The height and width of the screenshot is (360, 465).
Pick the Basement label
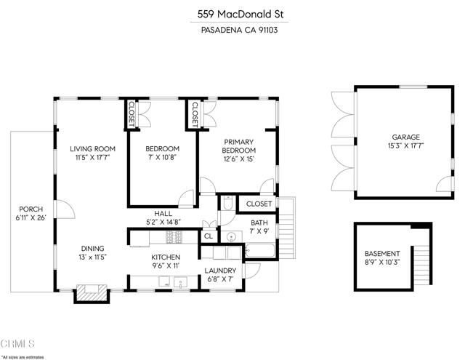(x=381, y=253)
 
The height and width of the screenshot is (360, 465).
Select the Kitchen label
(x=166, y=257)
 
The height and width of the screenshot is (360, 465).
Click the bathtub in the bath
(x=259, y=252)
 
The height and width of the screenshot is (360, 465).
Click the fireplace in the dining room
(x=92, y=292)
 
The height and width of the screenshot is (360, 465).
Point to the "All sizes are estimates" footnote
(x=23, y=356)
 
